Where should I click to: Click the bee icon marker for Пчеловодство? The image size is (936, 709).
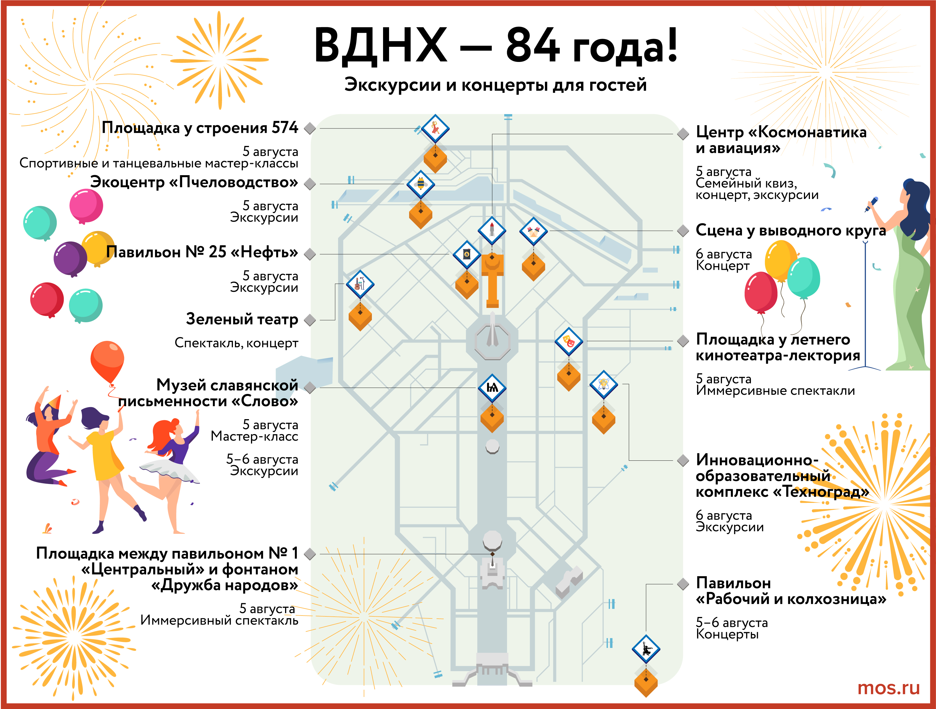click(x=421, y=184)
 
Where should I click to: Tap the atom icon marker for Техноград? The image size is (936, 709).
click(x=603, y=384)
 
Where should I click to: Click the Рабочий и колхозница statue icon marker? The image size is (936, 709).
click(x=646, y=649)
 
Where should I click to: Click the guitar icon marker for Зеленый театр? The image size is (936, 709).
click(x=360, y=284)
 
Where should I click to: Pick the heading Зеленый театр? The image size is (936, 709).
click(x=242, y=319)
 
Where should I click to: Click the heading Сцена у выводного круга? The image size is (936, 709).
click(x=790, y=231)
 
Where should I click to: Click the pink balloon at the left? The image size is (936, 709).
click(x=86, y=206)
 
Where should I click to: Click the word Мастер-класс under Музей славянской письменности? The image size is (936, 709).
click(x=254, y=436)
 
